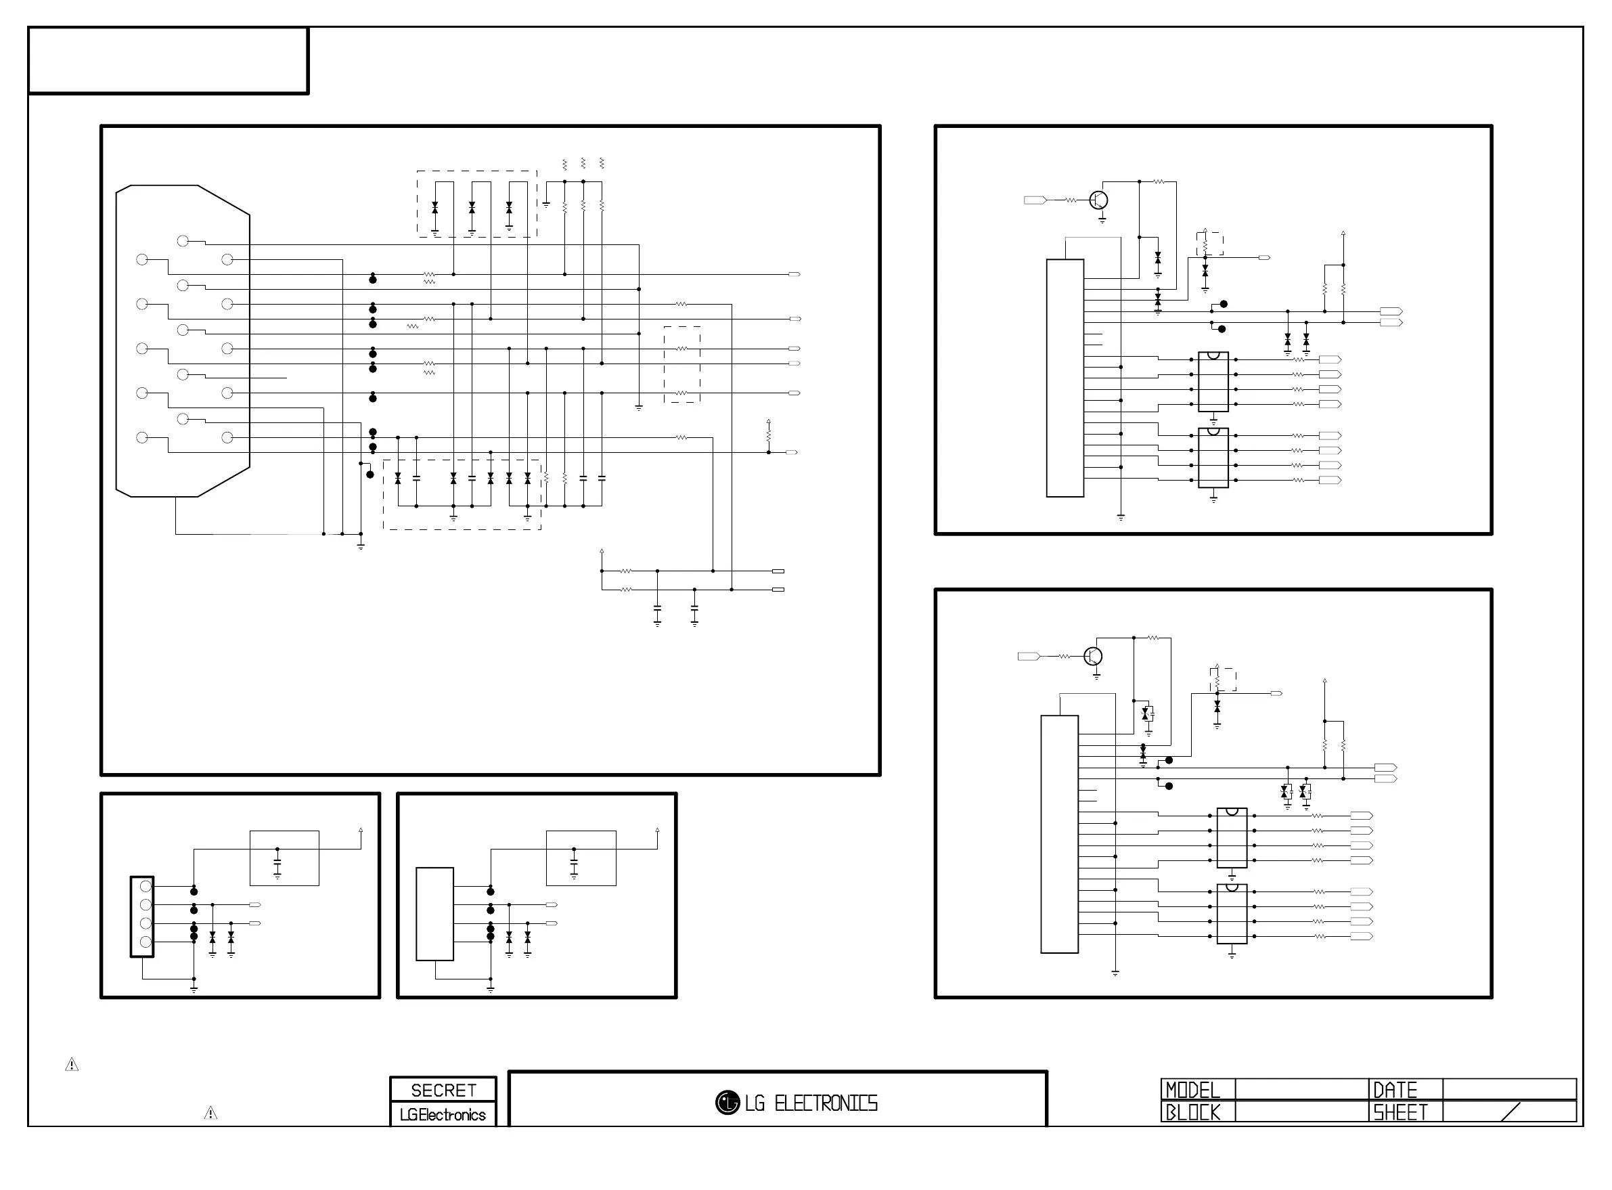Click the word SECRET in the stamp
[443, 1090]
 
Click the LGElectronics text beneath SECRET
[443, 1114]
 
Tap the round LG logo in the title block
[727, 1102]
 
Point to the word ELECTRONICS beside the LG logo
[826, 1103]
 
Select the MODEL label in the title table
[1192, 1090]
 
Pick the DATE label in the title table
[1395, 1090]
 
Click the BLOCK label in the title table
[1192, 1112]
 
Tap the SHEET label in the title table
[1400, 1112]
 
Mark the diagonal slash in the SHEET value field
[1510, 1112]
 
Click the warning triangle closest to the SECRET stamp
[210, 1114]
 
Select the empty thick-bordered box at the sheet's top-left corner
[168, 60]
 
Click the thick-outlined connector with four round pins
[142, 917]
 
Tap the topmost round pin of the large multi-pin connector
[183, 241]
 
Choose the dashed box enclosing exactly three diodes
[476, 204]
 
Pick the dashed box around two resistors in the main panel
[681, 364]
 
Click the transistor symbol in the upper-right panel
[1098, 200]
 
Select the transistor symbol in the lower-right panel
[1093, 656]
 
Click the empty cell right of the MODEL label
[1301, 1089]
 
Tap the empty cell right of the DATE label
[1509, 1089]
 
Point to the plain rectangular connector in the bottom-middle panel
[435, 913]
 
